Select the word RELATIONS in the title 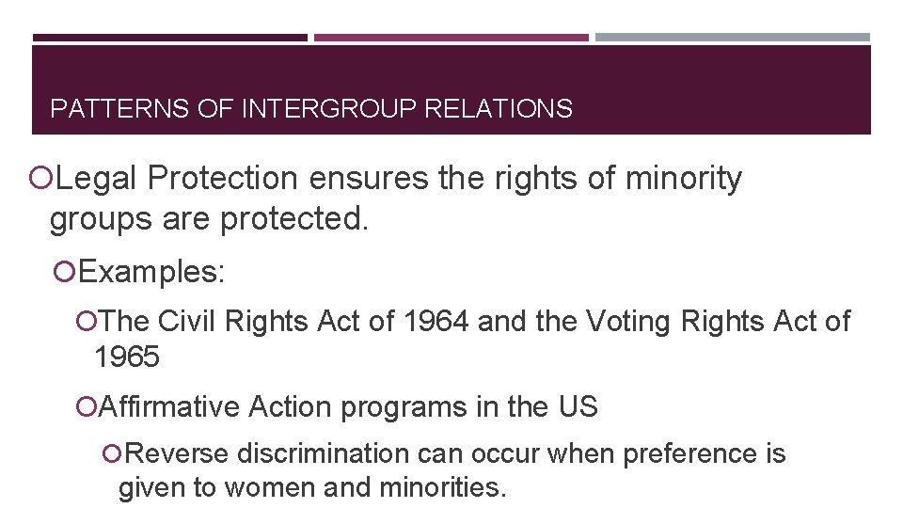tap(499, 109)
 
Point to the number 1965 tap(127, 357)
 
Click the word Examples tap(150, 272)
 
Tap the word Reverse tap(177, 453)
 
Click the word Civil tap(189, 322)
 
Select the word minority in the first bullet tap(684, 178)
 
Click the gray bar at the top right tap(733, 38)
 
